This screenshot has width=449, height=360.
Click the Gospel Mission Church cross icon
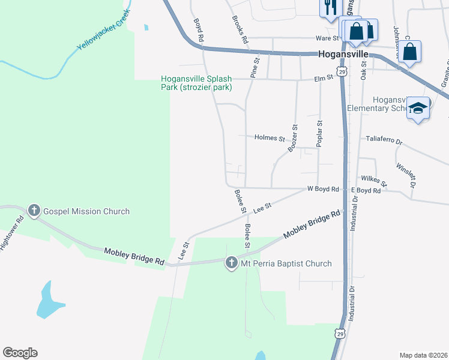coord(34,211)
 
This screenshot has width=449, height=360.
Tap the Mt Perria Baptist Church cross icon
coord(232,263)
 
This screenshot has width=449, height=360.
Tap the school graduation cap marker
coord(418,108)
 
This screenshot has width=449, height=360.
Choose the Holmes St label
coord(270,138)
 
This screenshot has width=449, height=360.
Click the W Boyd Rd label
coord(323,189)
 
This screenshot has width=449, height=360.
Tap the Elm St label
coord(323,79)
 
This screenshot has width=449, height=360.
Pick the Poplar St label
coord(320,133)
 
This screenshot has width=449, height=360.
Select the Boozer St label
coord(294,138)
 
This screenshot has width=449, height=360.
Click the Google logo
coord(20,353)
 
